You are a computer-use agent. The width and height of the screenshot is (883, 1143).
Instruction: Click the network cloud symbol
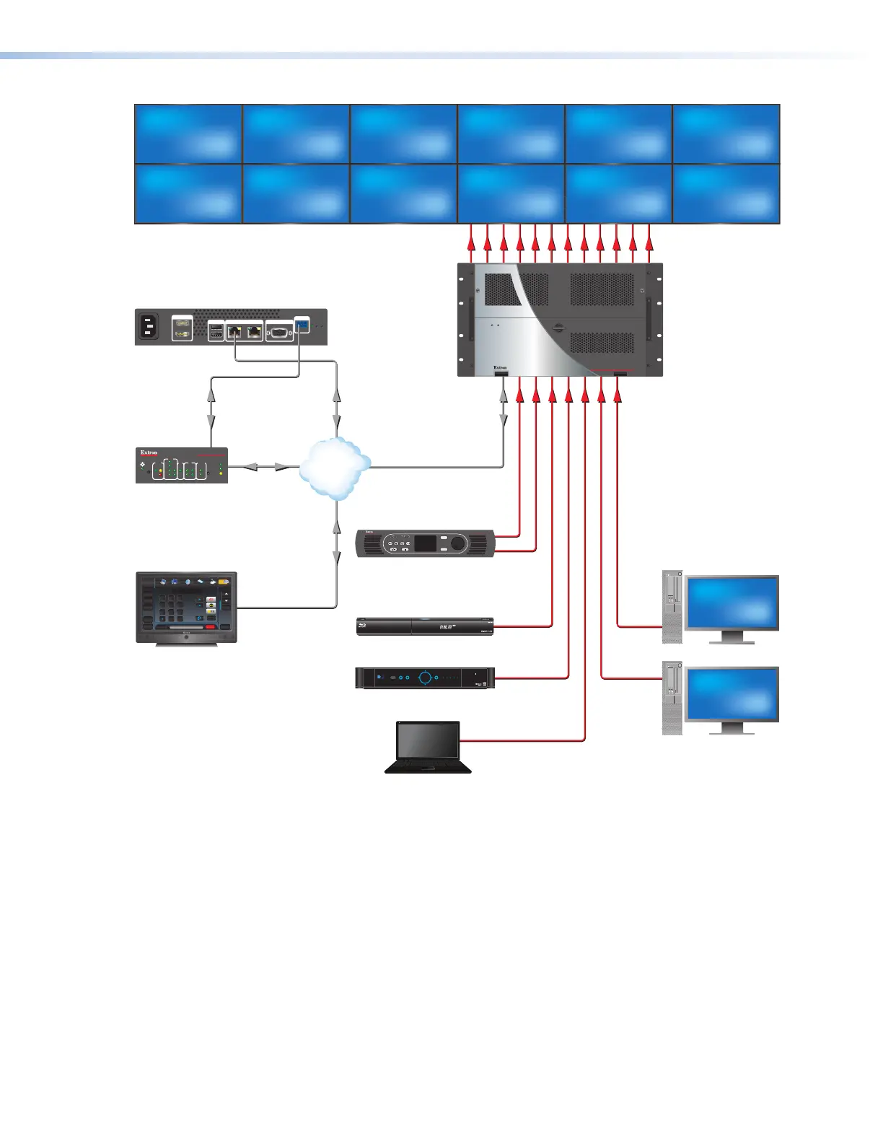[x=333, y=468]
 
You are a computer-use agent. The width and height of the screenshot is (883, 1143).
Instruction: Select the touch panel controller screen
[x=186, y=605]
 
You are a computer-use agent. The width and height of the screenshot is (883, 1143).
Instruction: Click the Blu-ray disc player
[x=425, y=626]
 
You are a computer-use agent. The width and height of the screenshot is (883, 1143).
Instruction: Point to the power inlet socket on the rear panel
[x=149, y=327]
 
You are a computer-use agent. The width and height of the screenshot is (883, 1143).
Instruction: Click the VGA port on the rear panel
[x=279, y=331]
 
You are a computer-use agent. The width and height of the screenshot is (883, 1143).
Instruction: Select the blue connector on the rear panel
[x=302, y=326]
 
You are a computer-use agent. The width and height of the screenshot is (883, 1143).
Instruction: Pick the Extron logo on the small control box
[x=149, y=452]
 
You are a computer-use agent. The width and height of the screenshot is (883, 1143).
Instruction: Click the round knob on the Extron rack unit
[x=459, y=543]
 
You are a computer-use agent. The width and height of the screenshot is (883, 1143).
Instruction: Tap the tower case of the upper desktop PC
[x=672, y=607]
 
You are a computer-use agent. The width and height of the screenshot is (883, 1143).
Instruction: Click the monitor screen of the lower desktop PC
[x=732, y=694]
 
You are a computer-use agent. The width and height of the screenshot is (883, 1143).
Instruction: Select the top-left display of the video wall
[x=188, y=134]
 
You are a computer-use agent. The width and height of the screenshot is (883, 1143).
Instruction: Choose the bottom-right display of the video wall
[x=726, y=194]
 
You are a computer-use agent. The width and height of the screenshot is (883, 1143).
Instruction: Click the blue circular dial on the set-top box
[x=426, y=678]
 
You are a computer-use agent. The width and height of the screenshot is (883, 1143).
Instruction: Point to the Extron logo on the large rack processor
[x=500, y=367]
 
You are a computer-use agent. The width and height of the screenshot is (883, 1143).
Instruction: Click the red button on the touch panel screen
[x=210, y=626]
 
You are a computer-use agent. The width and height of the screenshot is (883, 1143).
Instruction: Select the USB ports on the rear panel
[x=216, y=331]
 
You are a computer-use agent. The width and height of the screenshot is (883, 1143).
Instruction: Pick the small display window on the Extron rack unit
[x=424, y=543]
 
